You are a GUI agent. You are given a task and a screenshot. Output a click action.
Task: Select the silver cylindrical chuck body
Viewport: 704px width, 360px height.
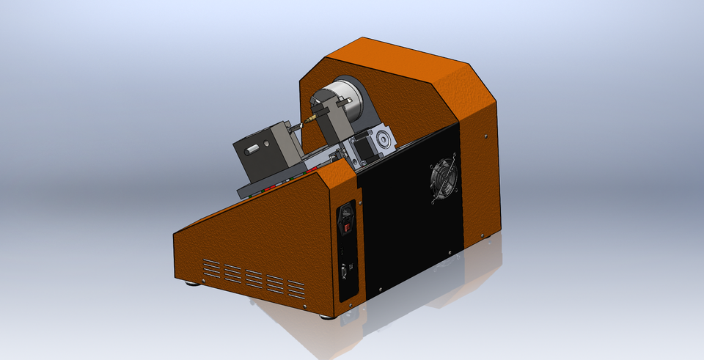click(x=343, y=103)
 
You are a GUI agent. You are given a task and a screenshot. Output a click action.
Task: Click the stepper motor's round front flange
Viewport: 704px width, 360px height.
click(x=382, y=140)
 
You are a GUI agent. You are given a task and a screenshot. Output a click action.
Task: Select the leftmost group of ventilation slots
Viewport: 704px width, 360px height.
click(x=211, y=268)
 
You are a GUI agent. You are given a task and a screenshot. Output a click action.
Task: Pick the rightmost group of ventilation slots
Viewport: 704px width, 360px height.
click(x=296, y=288)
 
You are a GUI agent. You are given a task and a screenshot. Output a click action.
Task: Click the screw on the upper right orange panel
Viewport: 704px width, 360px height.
click(x=485, y=134)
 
